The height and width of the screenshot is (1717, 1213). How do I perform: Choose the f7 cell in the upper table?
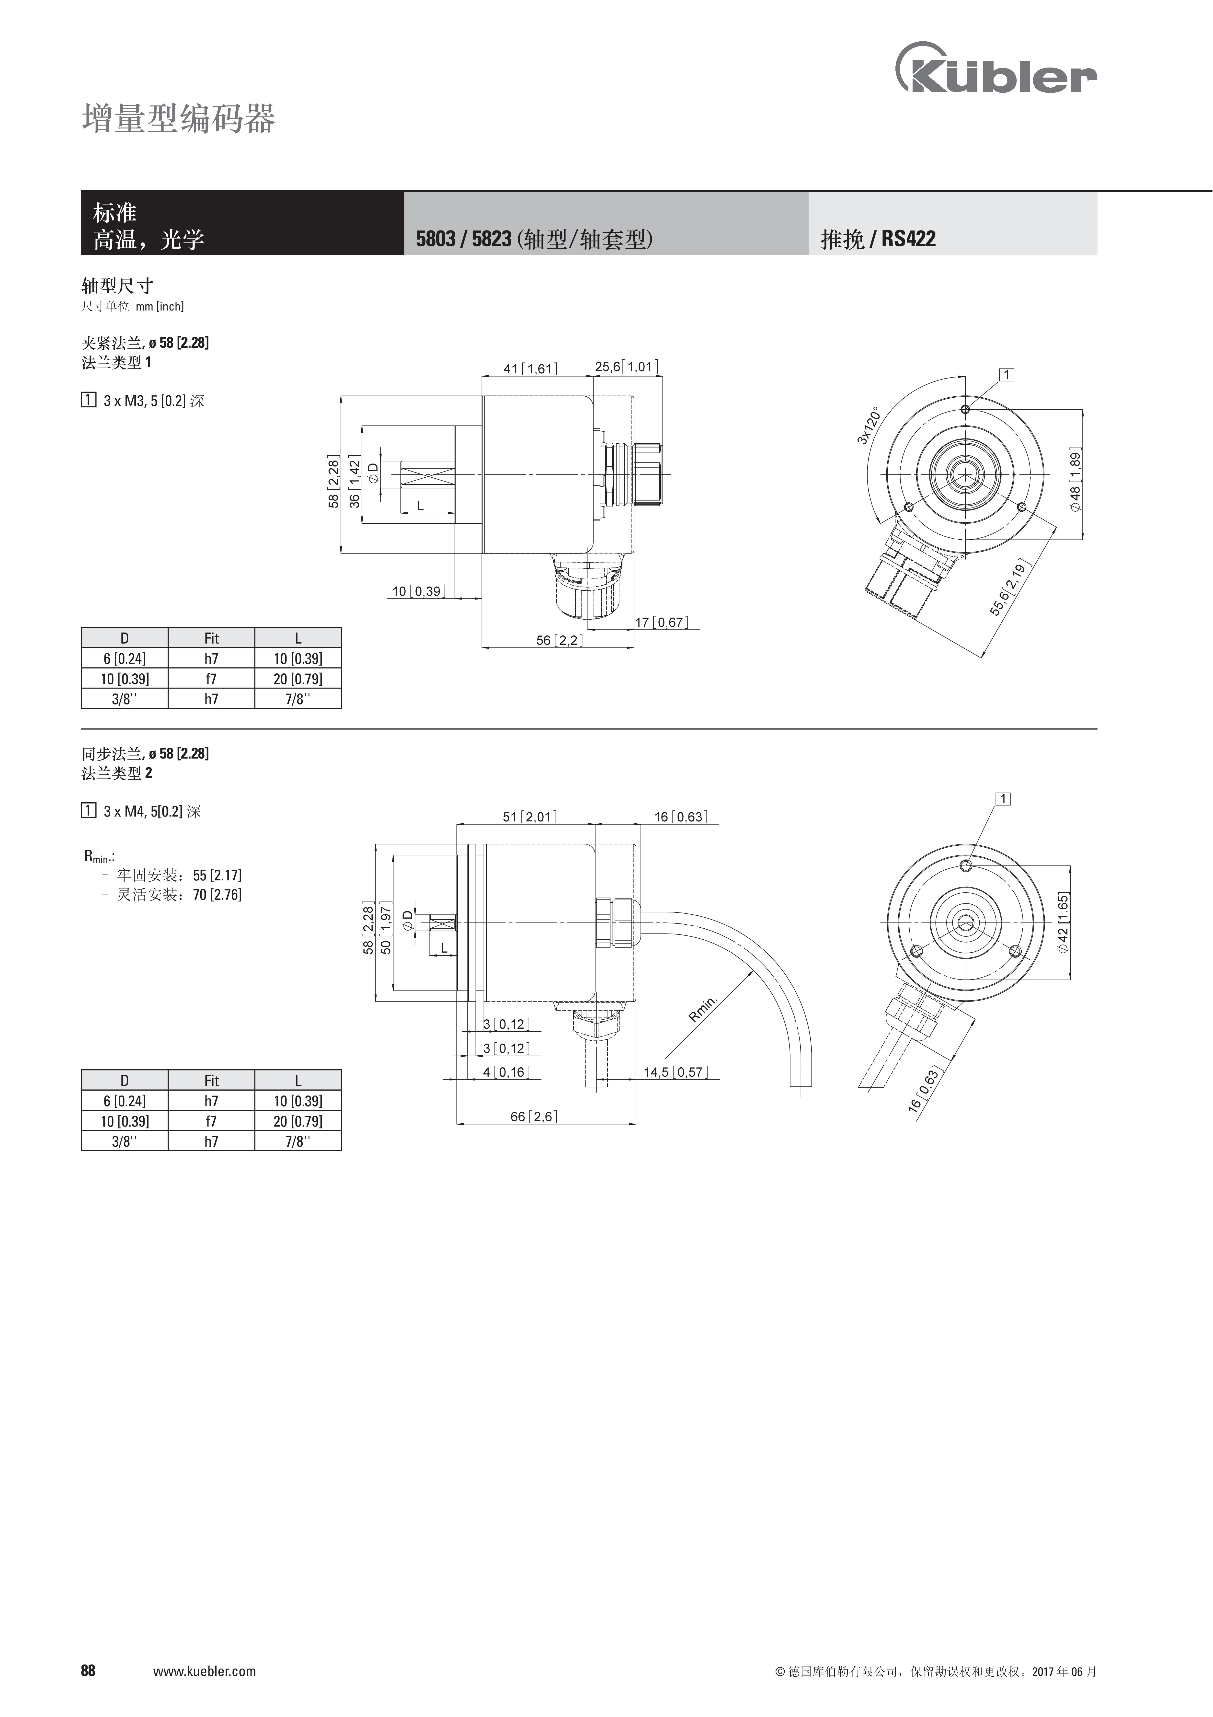tap(212, 679)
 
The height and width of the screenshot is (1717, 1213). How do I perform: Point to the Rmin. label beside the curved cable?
tap(703, 1008)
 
